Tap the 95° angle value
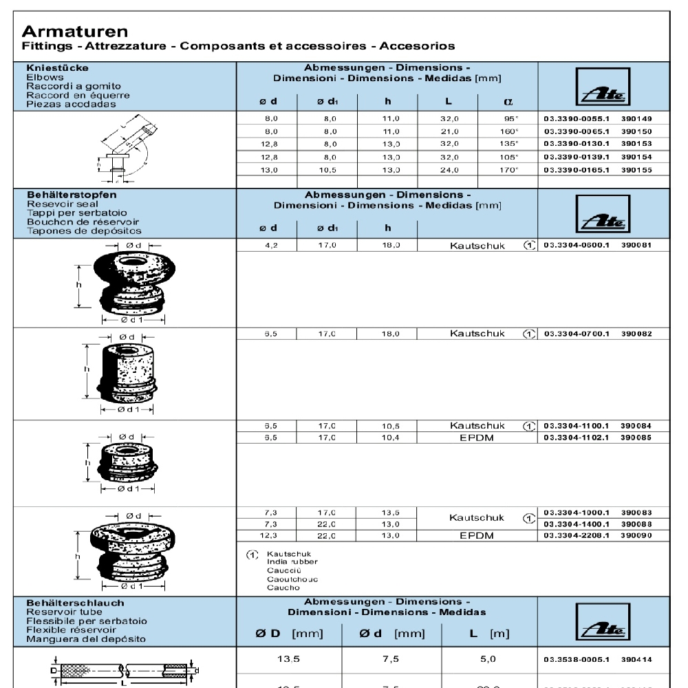coord(510,119)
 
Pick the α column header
coord(508,102)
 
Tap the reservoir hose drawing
coord(124,671)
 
